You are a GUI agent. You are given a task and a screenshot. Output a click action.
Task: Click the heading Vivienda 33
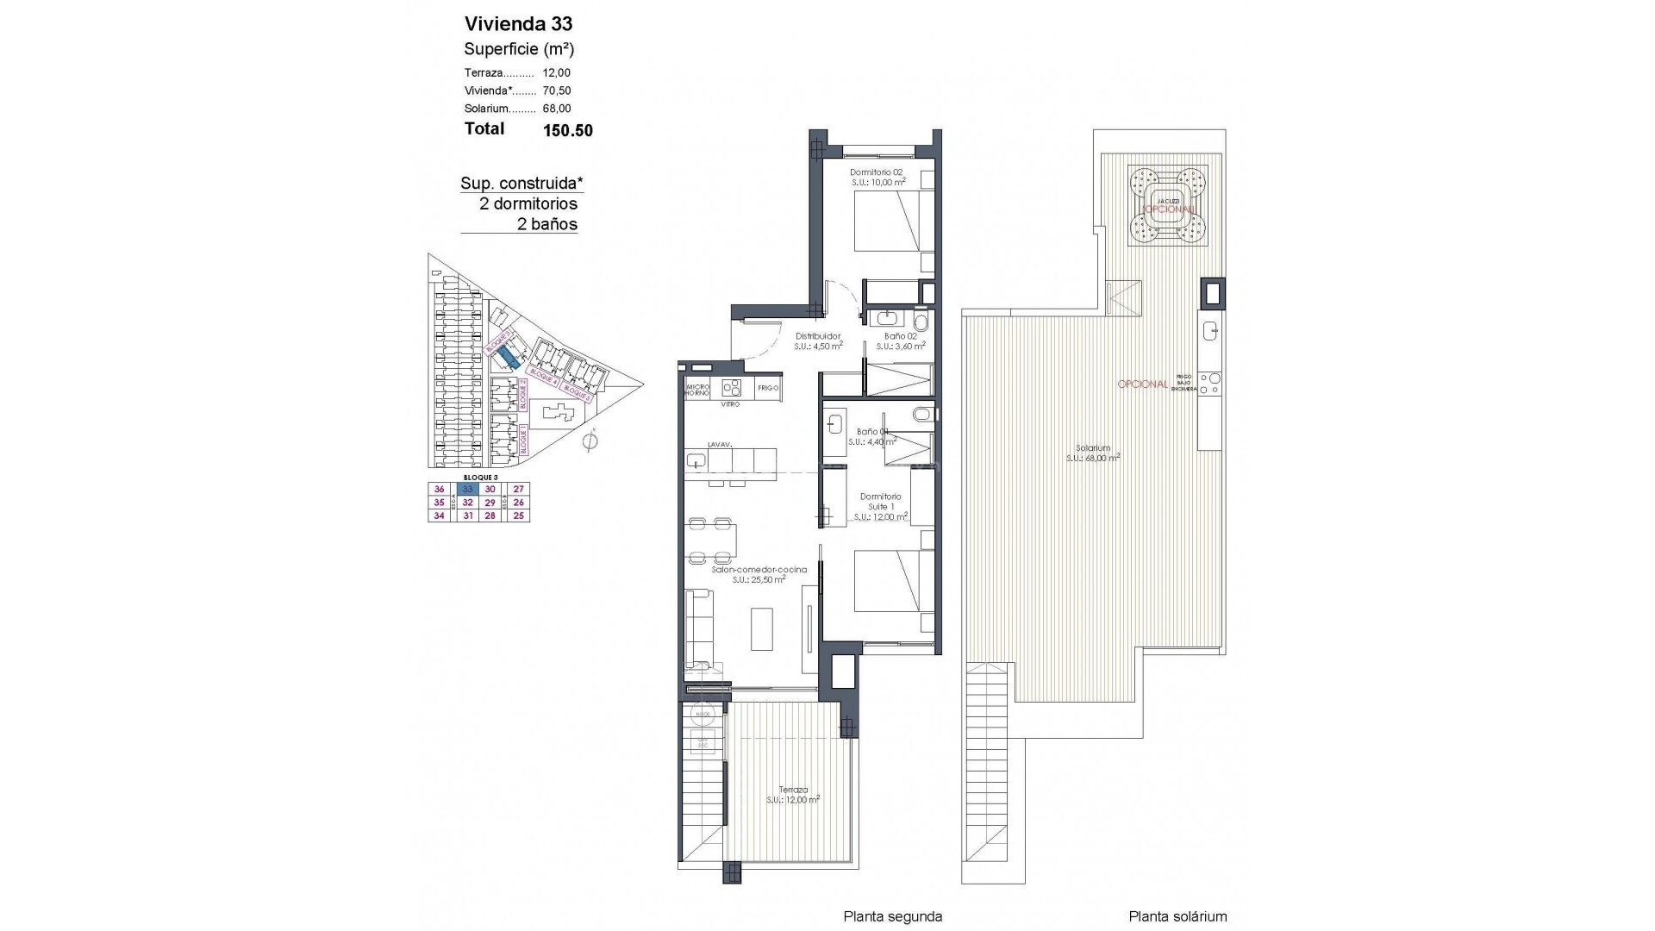[518, 24]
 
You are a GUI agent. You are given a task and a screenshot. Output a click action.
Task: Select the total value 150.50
[567, 131]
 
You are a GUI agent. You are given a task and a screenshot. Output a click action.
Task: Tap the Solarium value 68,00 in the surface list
[557, 109]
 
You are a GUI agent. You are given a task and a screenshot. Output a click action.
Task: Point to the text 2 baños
[546, 224]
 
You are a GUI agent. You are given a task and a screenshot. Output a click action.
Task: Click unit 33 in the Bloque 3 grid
[468, 489]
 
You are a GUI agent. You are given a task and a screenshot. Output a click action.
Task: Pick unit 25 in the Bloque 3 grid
[518, 516]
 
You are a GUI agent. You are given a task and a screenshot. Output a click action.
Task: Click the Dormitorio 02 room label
[876, 177]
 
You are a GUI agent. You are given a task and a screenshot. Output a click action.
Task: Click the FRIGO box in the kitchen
[768, 389]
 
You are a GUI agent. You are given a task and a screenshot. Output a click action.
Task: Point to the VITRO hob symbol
[731, 387]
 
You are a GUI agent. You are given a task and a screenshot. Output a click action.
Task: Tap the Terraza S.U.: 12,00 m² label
[792, 794]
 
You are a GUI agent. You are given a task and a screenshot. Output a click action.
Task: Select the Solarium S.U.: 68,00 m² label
[1092, 453]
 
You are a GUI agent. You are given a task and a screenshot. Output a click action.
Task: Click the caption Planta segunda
[892, 916]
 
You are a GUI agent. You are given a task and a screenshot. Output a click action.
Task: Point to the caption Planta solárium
[1177, 916]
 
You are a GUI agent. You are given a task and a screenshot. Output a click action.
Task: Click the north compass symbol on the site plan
[590, 442]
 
